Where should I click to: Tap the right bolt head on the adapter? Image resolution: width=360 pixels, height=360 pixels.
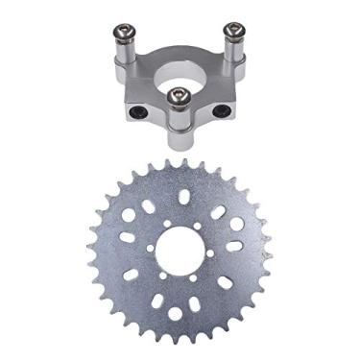point(232,29)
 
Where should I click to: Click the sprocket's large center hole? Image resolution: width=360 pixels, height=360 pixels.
point(181,253)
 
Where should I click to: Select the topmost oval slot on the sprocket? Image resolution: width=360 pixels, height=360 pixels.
point(183,197)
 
